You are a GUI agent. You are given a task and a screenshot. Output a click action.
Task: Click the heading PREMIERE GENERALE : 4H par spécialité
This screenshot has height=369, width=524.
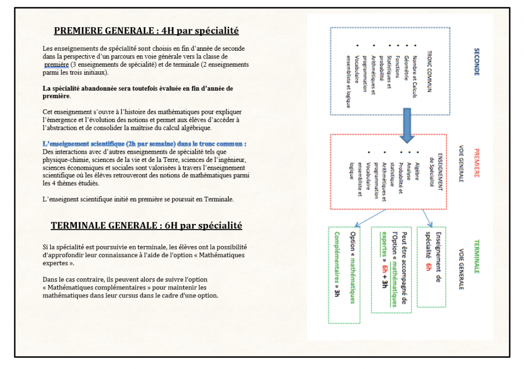click(x=146, y=31)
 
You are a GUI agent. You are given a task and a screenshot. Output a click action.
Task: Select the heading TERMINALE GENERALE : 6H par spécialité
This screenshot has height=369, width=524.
click(x=146, y=225)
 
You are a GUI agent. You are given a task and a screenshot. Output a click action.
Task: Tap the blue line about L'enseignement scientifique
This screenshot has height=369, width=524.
click(x=145, y=145)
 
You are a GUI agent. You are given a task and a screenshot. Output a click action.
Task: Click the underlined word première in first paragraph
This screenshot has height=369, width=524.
click(x=56, y=65)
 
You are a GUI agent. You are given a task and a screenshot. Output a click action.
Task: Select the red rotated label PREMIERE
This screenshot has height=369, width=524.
click(x=476, y=163)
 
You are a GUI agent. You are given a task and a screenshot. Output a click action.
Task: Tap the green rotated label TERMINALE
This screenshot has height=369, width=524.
click(x=476, y=256)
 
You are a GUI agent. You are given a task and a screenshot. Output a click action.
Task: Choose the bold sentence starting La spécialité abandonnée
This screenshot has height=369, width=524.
click(x=138, y=92)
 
